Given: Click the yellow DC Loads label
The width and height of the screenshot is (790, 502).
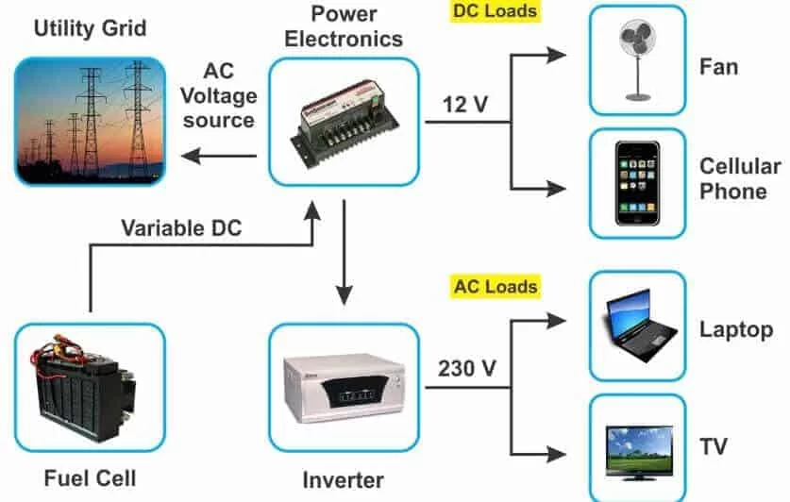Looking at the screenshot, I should tap(496, 12).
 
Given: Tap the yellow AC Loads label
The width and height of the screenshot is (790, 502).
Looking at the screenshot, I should tap(496, 286).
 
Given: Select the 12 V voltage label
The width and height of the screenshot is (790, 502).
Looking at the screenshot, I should tap(463, 104).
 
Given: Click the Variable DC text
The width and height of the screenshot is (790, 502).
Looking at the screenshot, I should tap(181, 227).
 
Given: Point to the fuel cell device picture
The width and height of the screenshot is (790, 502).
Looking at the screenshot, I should tap(89, 387).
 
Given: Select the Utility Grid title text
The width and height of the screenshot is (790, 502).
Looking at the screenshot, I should tap(90, 27).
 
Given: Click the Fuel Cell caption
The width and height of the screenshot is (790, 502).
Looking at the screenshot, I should tap(89, 478).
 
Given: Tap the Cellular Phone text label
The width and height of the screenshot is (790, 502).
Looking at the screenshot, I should tap(739, 178).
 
